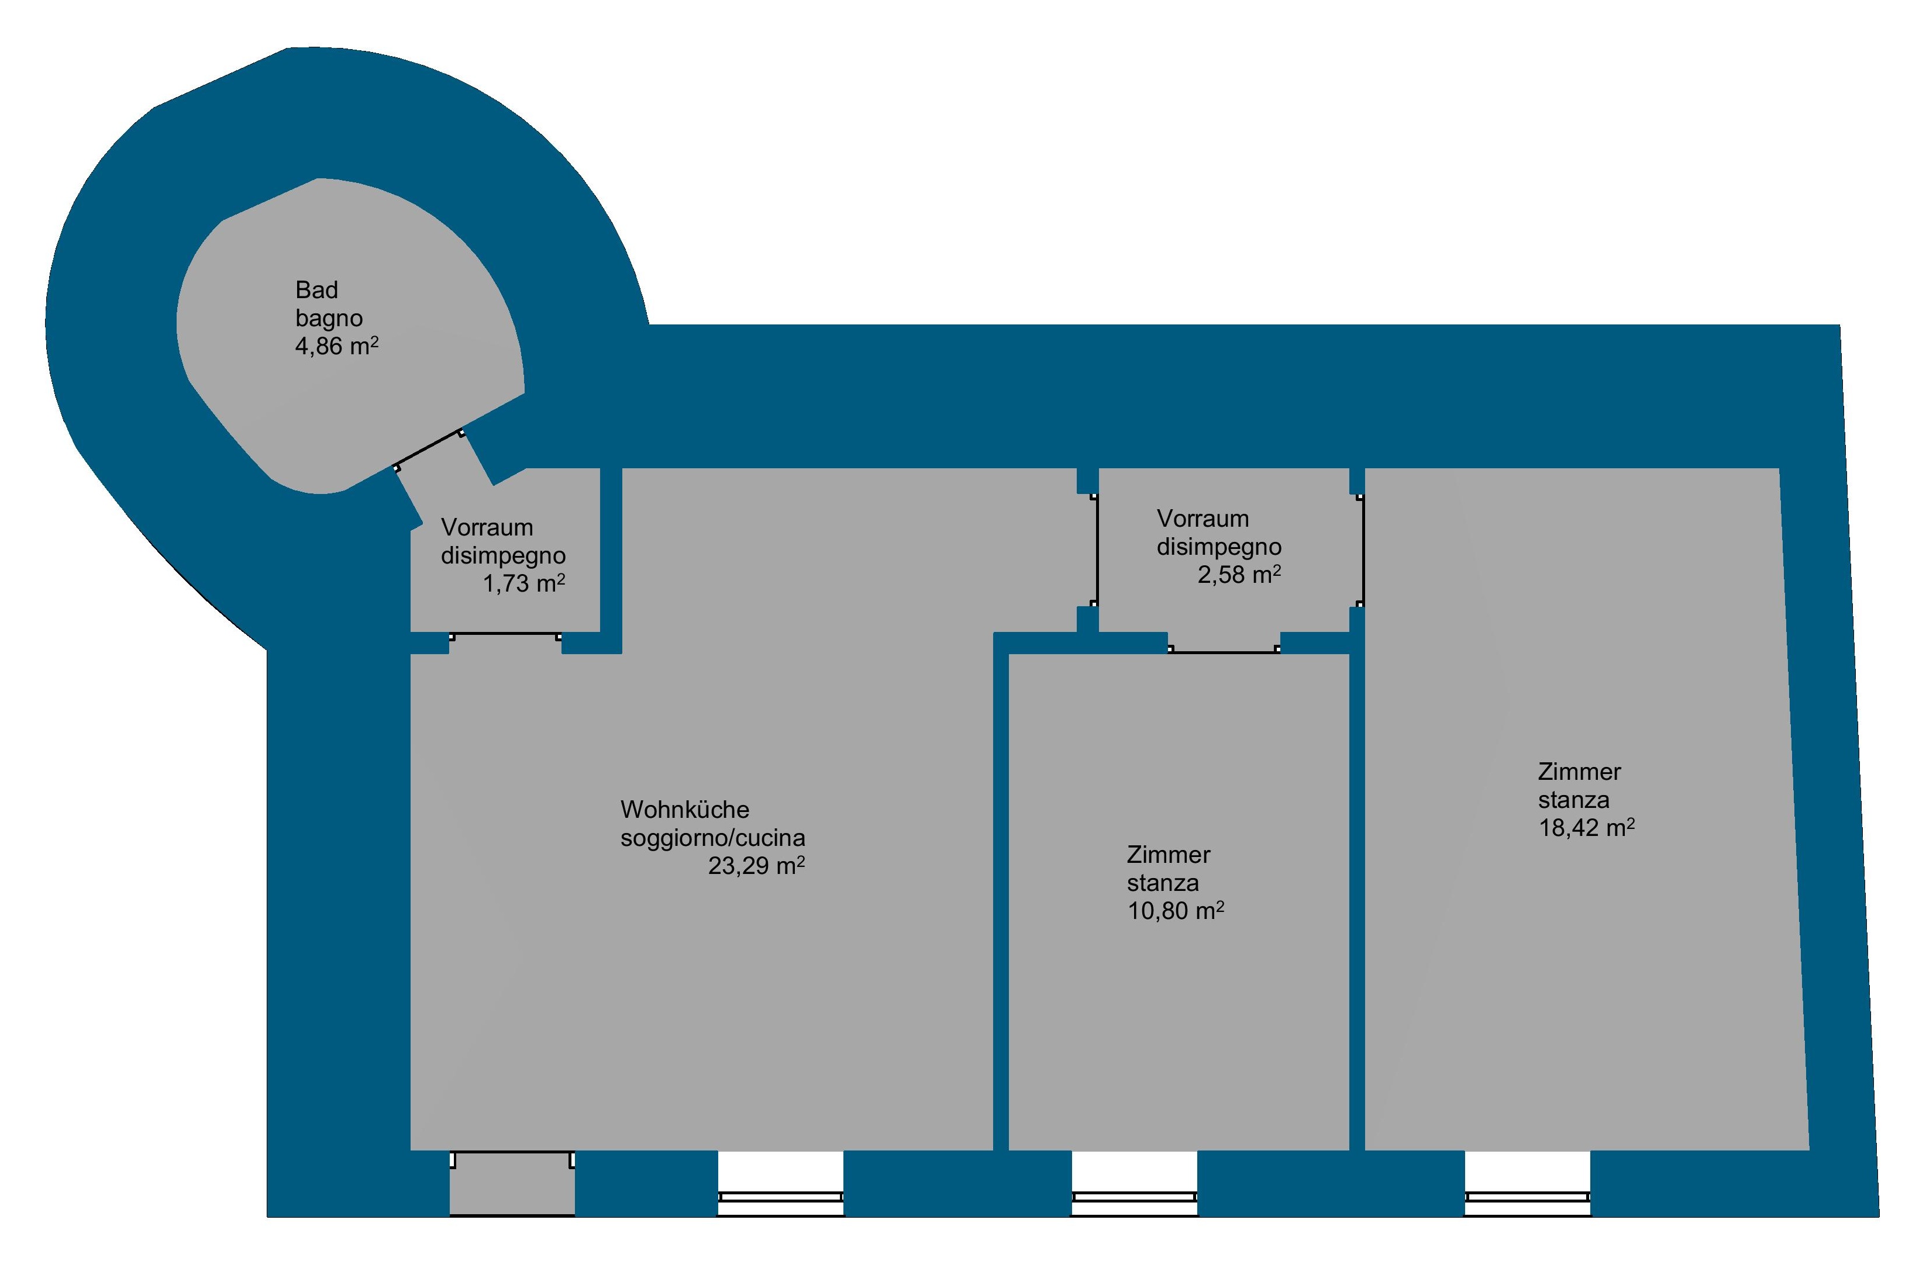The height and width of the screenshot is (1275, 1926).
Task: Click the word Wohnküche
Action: [685, 809]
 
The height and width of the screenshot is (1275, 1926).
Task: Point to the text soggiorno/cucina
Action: [712, 838]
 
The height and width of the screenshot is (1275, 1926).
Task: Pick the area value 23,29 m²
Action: [756, 865]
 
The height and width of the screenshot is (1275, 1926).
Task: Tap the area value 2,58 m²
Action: [1239, 575]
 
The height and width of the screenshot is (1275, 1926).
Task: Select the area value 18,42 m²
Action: [1587, 828]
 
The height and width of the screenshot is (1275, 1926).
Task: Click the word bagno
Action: [329, 318]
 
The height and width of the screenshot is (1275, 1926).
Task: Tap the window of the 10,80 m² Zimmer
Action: [1134, 1197]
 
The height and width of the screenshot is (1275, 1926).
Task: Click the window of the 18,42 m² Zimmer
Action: [1528, 1197]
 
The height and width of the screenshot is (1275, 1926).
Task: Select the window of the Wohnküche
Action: [780, 1197]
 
